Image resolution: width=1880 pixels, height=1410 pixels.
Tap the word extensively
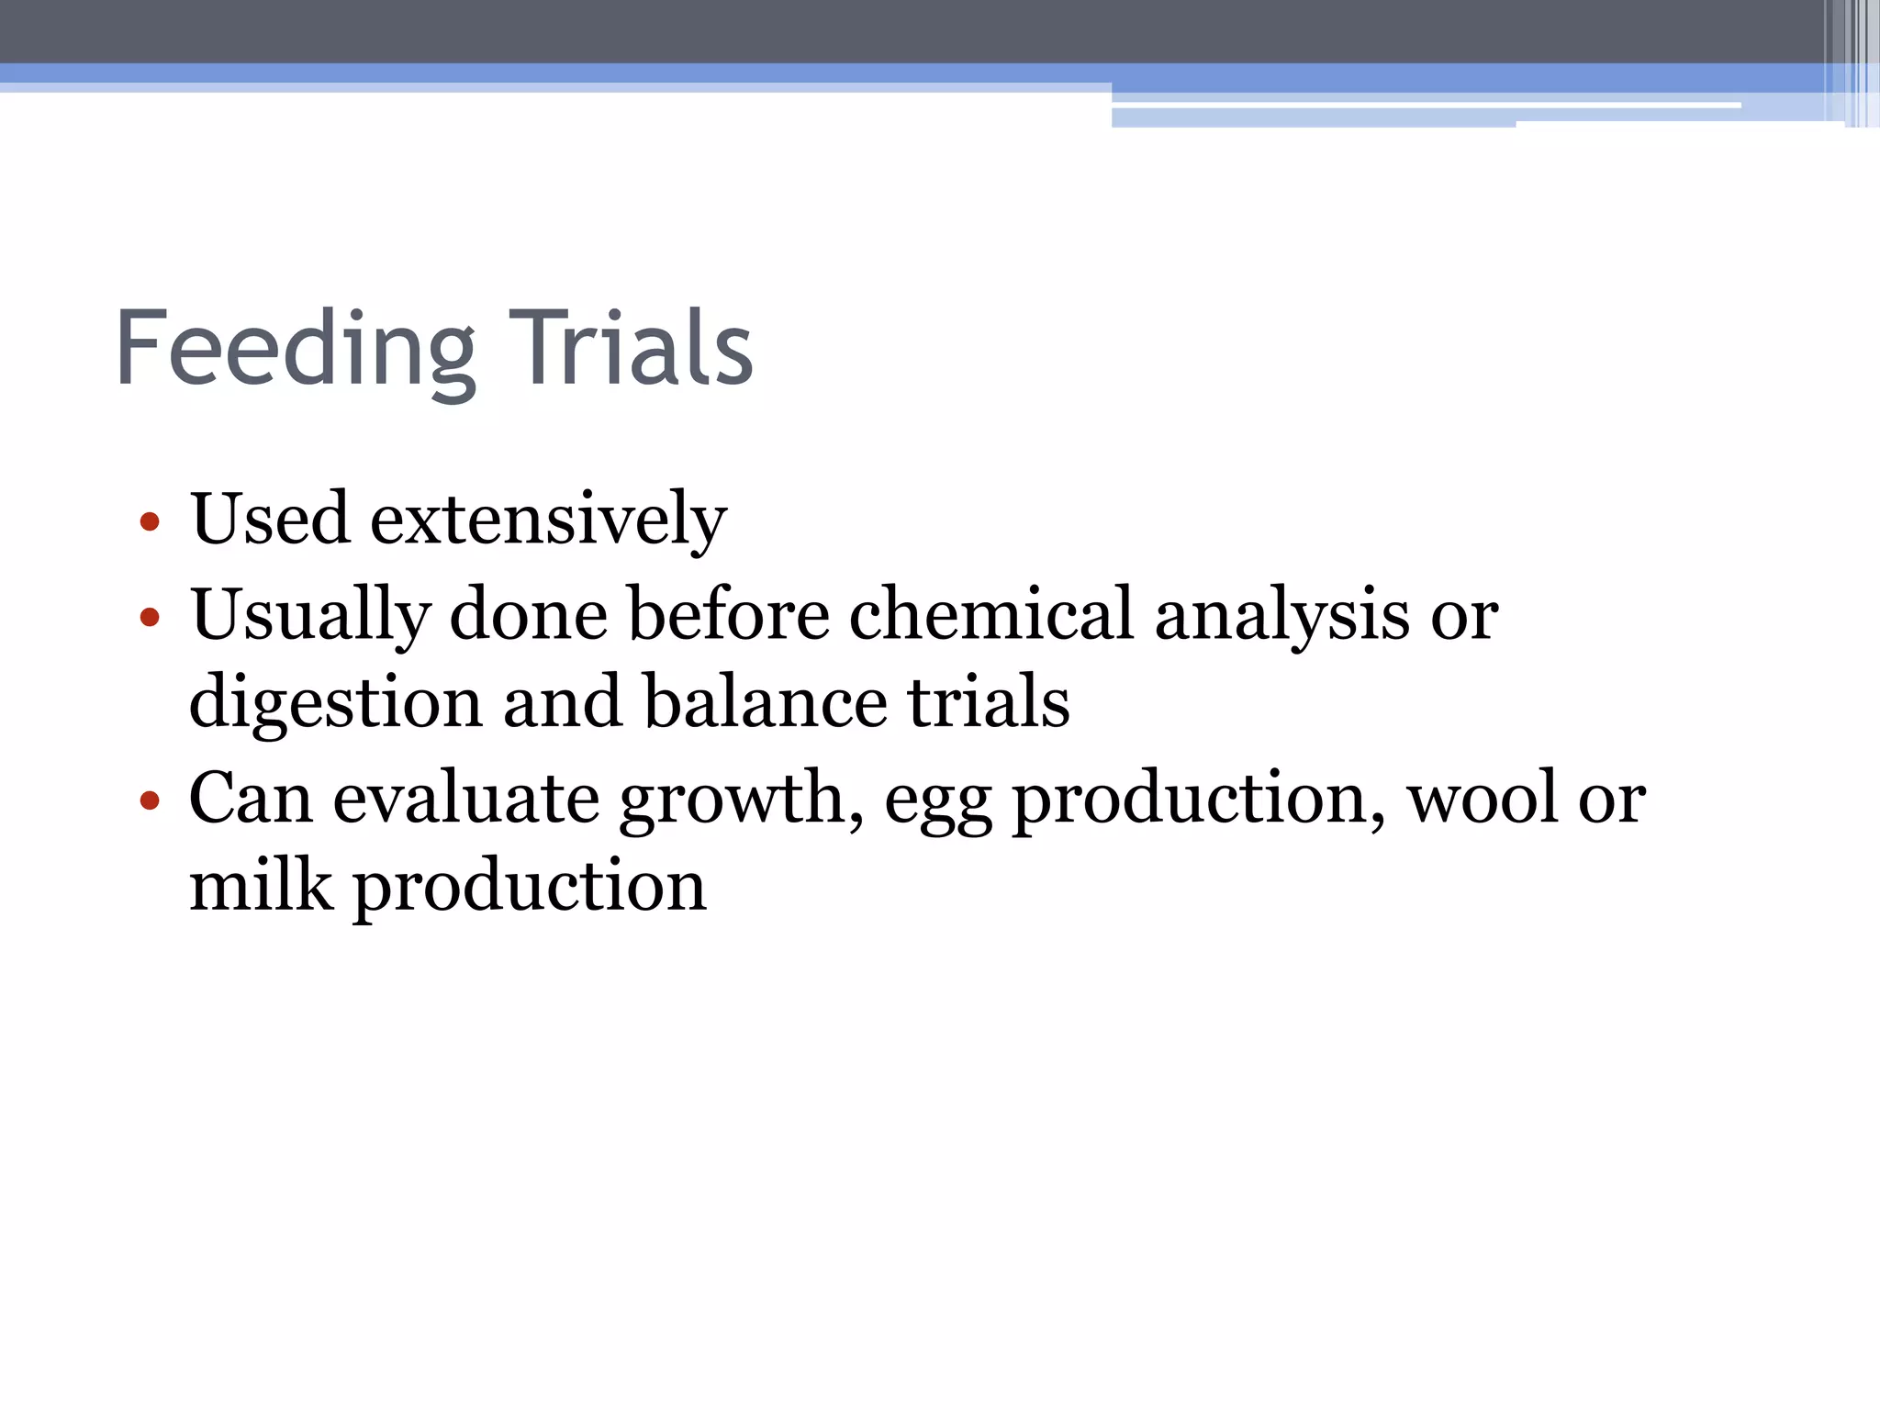(x=548, y=520)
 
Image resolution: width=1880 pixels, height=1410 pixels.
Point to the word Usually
(x=310, y=615)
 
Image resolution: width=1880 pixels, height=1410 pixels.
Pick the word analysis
(x=1281, y=615)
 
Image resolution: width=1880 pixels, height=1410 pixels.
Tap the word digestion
(x=336, y=703)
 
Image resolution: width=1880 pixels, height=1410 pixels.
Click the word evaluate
(x=465, y=798)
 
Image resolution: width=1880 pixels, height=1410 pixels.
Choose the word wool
(x=1483, y=798)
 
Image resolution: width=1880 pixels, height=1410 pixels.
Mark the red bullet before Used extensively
(x=150, y=523)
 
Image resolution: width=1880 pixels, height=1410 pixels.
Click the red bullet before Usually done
(x=150, y=617)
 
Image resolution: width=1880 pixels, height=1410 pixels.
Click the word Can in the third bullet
(x=251, y=798)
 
